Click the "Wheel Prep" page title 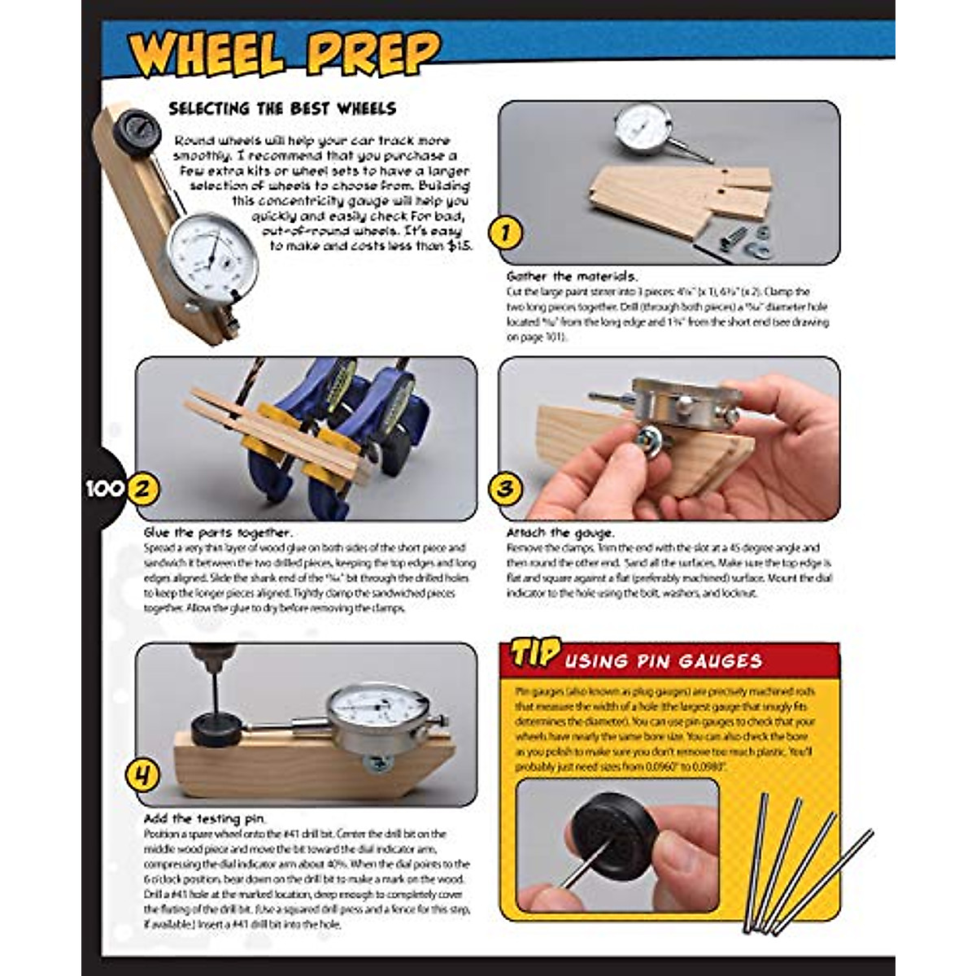pos(284,54)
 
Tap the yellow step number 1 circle pos(506,233)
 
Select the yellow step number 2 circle pos(143,489)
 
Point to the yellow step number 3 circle pos(506,489)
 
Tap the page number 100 pos(104,489)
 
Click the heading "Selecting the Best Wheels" pos(282,108)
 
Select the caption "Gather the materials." pos(572,277)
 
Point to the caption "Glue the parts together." pos(217,533)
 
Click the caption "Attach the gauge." pos(560,533)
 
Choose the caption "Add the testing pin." pos(204,819)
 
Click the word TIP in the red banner pos(535,653)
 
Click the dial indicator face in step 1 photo pos(642,129)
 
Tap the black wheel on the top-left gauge pos(136,130)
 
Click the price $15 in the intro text pos(459,246)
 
